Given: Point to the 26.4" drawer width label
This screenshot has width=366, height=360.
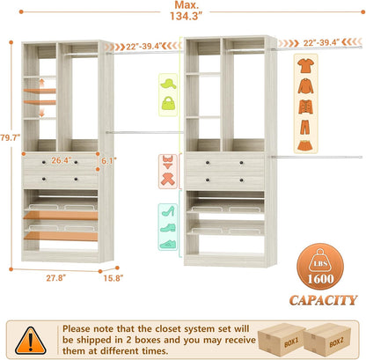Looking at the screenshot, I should pos(60,161).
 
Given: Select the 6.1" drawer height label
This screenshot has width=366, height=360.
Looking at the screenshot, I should pos(108,161).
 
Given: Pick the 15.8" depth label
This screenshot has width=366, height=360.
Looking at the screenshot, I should pos(112,279).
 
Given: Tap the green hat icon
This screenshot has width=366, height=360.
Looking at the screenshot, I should pos(167,82).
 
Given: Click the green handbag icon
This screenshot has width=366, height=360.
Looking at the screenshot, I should pos(167,101).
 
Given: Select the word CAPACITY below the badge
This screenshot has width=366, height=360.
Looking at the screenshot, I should pos(323,300).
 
